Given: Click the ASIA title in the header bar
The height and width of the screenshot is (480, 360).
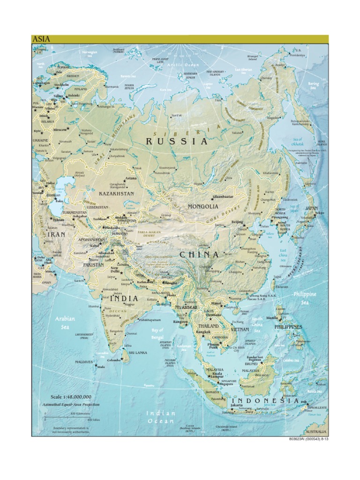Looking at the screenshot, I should coord(41,39).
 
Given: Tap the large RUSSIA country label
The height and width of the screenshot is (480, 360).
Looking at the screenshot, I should coord(176,141).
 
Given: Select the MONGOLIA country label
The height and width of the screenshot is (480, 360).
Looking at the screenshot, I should coord(203,206).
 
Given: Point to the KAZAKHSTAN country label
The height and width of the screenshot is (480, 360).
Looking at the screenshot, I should coord(116,193).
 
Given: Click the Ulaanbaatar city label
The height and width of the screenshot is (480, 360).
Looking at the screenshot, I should coord(223,197).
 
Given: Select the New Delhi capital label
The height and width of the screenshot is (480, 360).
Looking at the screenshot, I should coord(114,270).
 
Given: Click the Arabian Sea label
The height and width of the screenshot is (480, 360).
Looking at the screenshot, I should coord(65,322).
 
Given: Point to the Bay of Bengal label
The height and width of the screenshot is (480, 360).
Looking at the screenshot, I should coord(157,333).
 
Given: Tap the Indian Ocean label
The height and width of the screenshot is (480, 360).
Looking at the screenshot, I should coord(160,417).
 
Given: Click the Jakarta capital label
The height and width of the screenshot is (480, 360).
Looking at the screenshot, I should coord(237,405).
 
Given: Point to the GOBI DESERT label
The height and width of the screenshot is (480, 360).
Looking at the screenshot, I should coord(221,214).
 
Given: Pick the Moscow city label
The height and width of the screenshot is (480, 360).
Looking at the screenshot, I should coord(60,129).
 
